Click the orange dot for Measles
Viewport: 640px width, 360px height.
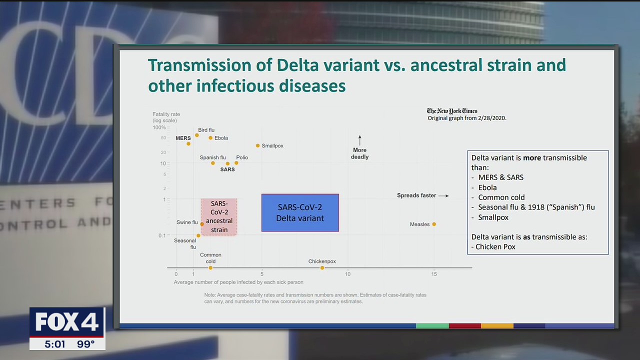point(434,224)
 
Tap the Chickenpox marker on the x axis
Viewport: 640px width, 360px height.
point(322,267)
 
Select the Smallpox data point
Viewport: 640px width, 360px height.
point(257,145)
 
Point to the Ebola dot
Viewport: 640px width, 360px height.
point(210,137)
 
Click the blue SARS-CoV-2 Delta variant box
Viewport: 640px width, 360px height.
point(300,212)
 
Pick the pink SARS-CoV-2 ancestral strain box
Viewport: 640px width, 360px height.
point(219,217)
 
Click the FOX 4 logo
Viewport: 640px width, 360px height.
point(67,322)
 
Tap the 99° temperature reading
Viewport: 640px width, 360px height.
point(85,344)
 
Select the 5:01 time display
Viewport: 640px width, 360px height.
point(55,344)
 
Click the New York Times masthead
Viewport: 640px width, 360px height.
point(452,111)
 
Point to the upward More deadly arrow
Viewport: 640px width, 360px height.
point(359,140)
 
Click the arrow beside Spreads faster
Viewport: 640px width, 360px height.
point(443,195)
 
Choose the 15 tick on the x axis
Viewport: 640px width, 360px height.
point(434,274)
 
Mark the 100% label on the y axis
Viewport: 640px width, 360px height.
point(159,127)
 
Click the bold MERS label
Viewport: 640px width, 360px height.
point(183,138)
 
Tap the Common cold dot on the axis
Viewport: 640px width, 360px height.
point(210,267)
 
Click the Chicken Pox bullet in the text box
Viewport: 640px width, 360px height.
point(493,247)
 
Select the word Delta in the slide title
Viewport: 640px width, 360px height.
point(297,65)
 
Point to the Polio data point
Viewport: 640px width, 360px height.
point(236,163)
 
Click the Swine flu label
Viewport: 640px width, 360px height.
point(187,222)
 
